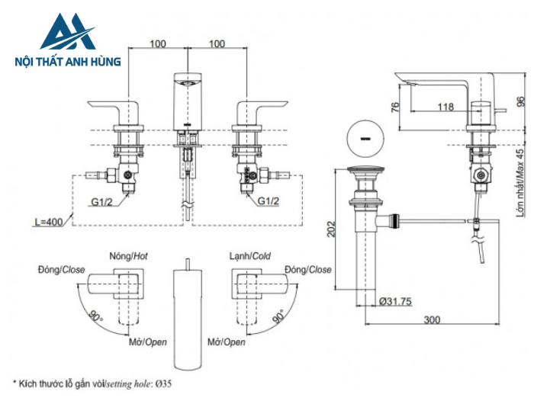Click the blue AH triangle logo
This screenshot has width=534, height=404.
click(x=68, y=32)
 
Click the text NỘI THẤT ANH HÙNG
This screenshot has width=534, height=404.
click(x=68, y=62)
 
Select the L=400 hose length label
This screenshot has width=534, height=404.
click(x=49, y=222)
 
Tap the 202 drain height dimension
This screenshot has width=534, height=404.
click(x=330, y=229)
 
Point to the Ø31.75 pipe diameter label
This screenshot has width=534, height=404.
click(x=395, y=301)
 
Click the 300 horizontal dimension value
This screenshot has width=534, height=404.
click(x=432, y=319)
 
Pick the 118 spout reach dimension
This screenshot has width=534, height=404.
click(x=446, y=107)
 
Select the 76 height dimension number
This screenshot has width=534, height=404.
click(x=394, y=107)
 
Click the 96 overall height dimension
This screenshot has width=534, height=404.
click(x=521, y=101)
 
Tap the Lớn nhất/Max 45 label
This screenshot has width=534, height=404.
click(x=520, y=182)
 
